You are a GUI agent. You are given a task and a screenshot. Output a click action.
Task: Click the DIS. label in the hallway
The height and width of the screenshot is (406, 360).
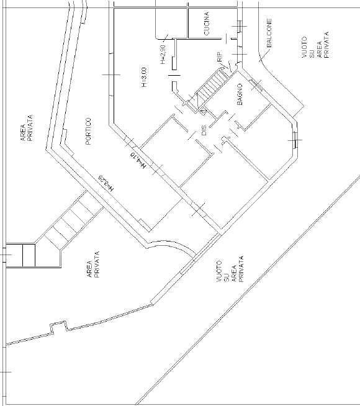[203, 130]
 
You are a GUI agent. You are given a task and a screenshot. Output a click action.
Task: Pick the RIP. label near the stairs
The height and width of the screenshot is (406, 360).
[220, 58]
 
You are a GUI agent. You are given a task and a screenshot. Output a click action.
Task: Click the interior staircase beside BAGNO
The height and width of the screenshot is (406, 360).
[211, 87]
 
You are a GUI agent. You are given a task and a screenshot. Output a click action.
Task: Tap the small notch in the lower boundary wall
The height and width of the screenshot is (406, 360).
[58, 325]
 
